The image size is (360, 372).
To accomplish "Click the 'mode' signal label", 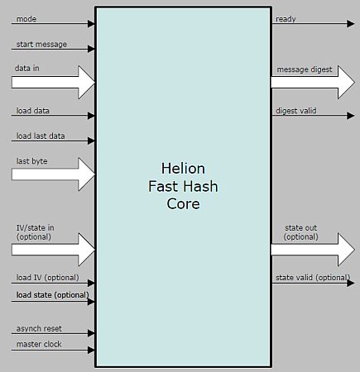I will coord(25,18).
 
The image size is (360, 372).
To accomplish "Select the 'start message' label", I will coord(41,44).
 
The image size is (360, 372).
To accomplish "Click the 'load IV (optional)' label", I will coord(47,277).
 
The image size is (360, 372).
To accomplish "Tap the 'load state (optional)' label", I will coord(52,294).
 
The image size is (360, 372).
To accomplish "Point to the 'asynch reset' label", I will coord(39,328).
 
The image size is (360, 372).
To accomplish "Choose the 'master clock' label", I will coord(39,344).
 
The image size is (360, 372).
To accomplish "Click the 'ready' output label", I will coord(286,18).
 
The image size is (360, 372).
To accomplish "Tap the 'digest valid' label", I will coord(296,110).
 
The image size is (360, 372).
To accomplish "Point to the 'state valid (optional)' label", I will coord(312,277).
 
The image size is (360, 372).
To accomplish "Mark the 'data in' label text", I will coord(27,68).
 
